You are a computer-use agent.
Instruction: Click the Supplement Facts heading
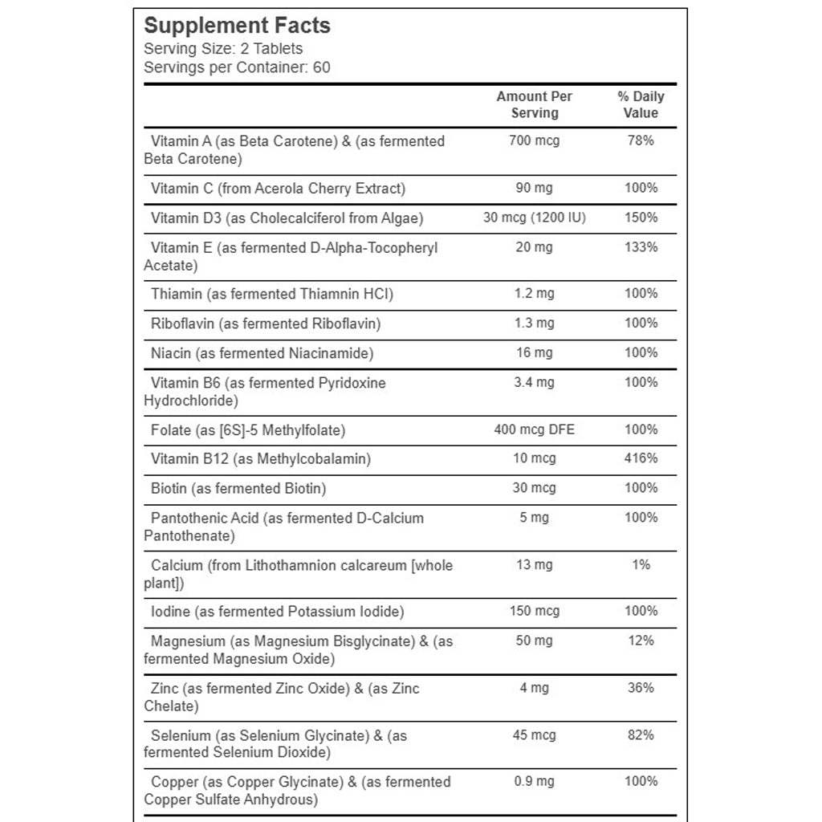pos(237,25)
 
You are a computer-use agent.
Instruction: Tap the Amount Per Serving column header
pos(535,104)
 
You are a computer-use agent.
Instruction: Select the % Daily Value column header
pos(641,104)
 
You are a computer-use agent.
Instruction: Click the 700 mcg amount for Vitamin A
pos(535,140)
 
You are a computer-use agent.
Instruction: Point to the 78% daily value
pos(641,140)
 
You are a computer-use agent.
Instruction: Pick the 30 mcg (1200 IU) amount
pos(535,218)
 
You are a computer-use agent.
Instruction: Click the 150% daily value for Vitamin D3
pos(641,218)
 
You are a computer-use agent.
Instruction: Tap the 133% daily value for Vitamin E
pos(641,247)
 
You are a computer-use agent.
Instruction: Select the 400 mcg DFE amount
pos(535,429)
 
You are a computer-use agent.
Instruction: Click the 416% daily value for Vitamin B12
pos(641,458)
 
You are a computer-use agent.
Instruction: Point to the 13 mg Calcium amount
pos(535,565)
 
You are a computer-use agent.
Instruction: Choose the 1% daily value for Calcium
pos(641,565)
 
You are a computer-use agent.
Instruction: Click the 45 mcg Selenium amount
pos(535,735)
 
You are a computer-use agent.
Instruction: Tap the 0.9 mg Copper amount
pos(535,781)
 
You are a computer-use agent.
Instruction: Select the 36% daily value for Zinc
pos(641,688)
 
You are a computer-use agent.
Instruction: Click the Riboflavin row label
pos(266,324)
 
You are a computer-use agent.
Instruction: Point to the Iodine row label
pos(277,612)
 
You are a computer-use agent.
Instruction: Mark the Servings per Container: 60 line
pos(237,67)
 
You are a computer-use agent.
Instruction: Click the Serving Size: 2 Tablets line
pos(223,49)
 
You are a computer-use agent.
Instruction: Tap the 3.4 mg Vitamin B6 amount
pos(535,382)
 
